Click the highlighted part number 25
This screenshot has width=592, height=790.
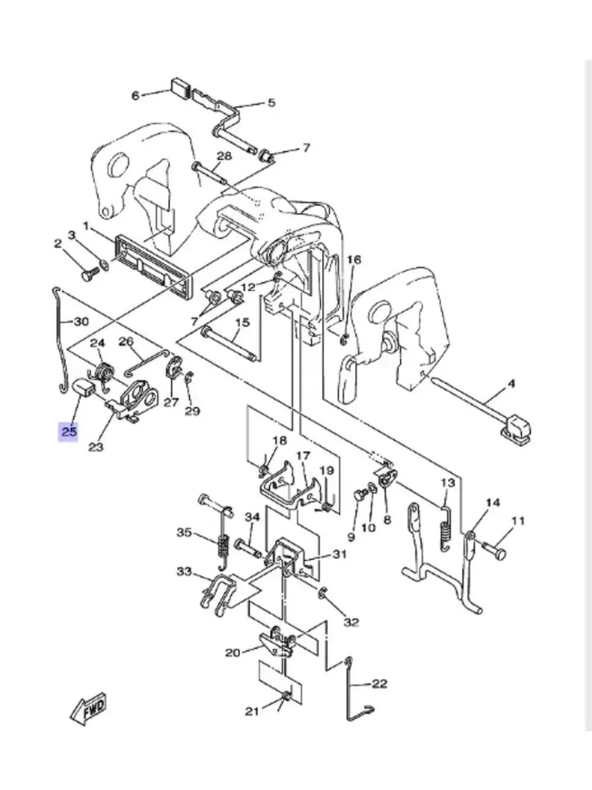click(x=69, y=431)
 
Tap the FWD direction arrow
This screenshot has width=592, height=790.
click(x=88, y=708)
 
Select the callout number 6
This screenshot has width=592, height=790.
click(x=135, y=95)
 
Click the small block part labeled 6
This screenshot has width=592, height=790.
click(x=179, y=88)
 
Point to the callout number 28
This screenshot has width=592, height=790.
click(x=224, y=156)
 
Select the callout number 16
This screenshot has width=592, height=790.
click(x=353, y=260)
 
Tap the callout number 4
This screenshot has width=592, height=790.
click(x=511, y=384)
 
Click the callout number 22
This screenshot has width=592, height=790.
click(x=379, y=683)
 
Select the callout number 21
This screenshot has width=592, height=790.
click(x=252, y=711)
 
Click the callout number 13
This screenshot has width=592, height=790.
click(x=448, y=482)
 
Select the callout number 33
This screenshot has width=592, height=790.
click(x=184, y=571)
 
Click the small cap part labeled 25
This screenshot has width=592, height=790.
click(x=83, y=388)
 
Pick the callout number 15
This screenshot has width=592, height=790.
click(x=243, y=323)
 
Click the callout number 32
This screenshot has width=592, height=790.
click(x=352, y=622)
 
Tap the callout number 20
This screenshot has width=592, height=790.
click(x=233, y=653)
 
